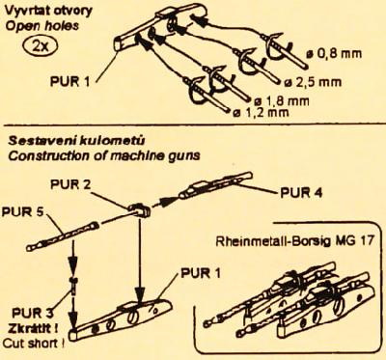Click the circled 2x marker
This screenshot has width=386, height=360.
[41, 44]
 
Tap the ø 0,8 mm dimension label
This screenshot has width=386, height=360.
[335, 54]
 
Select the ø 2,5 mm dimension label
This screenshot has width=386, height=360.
[313, 82]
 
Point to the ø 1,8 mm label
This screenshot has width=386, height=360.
[282, 100]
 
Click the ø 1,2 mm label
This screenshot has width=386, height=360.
[261, 112]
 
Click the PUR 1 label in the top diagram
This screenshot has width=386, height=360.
[69, 81]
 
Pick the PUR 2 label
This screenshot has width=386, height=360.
[69, 184]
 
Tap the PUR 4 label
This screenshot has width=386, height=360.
[301, 192]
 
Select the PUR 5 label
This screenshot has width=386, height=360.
[22, 212]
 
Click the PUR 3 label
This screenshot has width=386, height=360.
[32, 313]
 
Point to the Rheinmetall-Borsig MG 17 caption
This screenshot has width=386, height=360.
[294, 241]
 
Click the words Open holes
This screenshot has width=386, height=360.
[42, 26]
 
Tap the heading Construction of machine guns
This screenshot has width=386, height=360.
[104, 156]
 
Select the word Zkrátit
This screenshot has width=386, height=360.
[33, 328]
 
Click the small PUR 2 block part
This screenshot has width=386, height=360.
[140, 209]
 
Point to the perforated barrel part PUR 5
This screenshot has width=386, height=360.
[63, 237]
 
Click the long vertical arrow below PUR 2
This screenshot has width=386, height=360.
[140, 259]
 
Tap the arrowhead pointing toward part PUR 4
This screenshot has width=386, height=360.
[164, 202]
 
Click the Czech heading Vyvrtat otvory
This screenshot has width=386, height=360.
[48, 11]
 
